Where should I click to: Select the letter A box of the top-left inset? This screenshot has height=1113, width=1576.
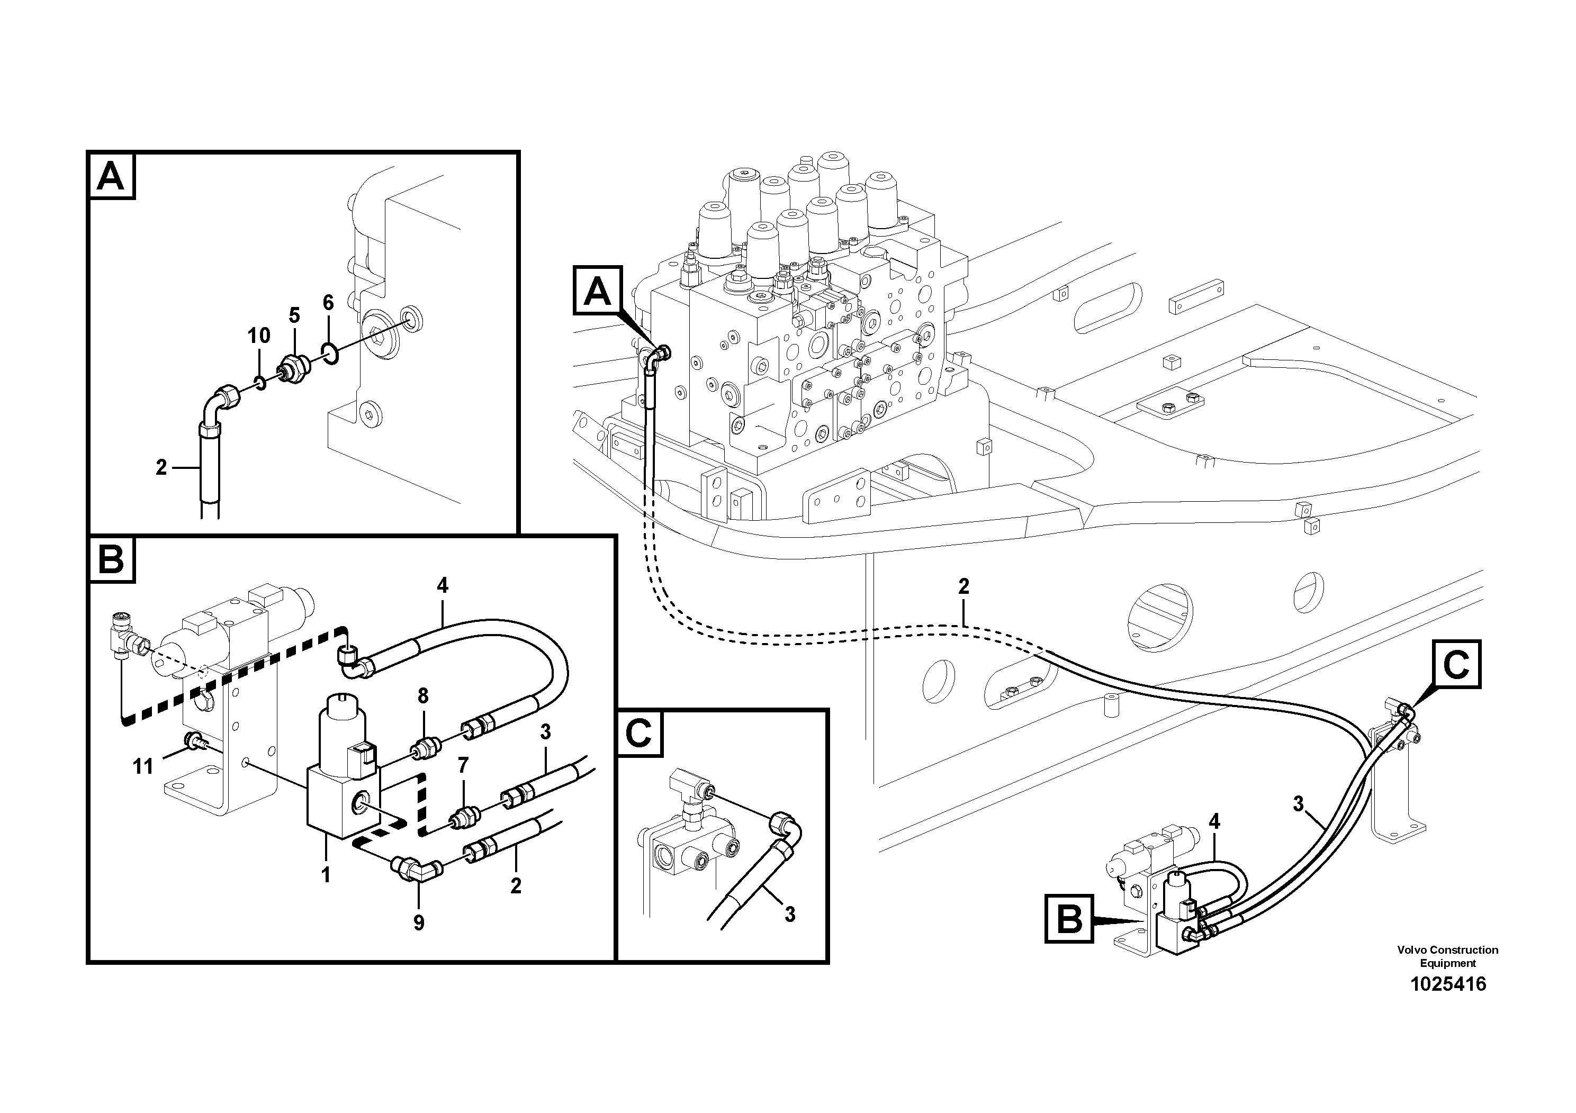pyautogui.click(x=111, y=176)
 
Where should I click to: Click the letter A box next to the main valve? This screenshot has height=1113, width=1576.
pyautogui.click(x=597, y=291)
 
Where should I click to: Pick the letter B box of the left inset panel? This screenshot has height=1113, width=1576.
pyautogui.click(x=111, y=559)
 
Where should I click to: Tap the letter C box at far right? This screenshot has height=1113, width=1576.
pyautogui.click(x=1456, y=664)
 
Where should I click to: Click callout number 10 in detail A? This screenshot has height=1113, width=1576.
pyautogui.click(x=259, y=336)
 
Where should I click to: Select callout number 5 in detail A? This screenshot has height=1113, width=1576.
pyautogui.click(x=294, y=315)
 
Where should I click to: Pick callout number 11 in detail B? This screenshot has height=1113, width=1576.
pyautogui.click(x=143, y=766)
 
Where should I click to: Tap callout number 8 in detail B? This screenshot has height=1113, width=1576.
pyautogui.click(x=423, y=696)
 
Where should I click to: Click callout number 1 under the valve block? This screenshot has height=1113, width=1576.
pyautogui.click(x=326, y=875)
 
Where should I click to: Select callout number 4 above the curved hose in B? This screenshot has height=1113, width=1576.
pyautogui.click(x=442, y=585)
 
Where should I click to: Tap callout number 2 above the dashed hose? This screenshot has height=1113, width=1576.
pyautogui.click(x=963, y=587)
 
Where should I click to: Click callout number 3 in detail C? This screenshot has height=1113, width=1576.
pyautogui.click(x=790, y=914)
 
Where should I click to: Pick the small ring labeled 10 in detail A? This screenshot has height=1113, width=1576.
pyautogui.click(x=259, y=382)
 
